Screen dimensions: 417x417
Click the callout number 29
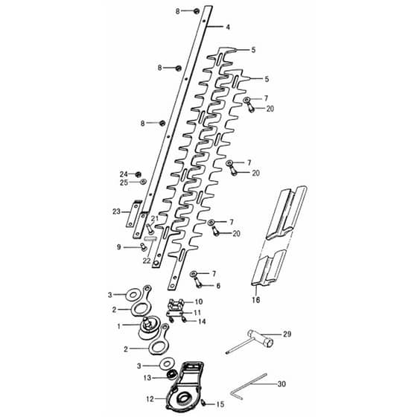(287, 334)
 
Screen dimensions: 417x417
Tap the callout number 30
(281, 384)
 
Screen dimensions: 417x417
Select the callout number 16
(256, 299)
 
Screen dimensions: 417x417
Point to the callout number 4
(228, 27)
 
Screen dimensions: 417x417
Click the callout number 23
(116, 211)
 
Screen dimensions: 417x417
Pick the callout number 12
(150, 399)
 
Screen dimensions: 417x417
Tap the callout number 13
(147, 378)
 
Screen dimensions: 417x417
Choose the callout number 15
(220, 404)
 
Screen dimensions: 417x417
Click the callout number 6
(218, 286)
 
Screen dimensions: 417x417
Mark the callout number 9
(118, 247)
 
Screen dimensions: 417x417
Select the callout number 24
(124, 174)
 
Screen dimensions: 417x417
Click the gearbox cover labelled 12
(184, 386)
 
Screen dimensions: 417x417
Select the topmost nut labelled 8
(197, 10)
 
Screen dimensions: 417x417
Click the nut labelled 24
(138, 174)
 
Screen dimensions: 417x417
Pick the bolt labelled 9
(144, 247)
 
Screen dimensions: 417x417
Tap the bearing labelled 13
(171, 375)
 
